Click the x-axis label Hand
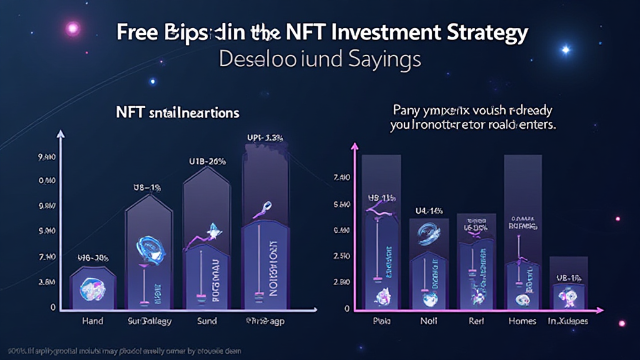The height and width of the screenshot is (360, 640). coord(92,321)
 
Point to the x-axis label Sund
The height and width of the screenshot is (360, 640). coord(207,321)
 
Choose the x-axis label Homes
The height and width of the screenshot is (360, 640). coord(522,321)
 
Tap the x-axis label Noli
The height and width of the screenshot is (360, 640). coord(429,321)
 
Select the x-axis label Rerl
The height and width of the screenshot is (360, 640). coord(476,321)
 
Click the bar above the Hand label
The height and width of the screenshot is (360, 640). coord(92,288)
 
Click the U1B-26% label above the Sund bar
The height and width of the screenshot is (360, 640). coord(206,161)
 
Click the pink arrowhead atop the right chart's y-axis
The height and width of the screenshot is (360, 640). coord(356,146)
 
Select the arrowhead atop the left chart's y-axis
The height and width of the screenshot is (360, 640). coord(61,134)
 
